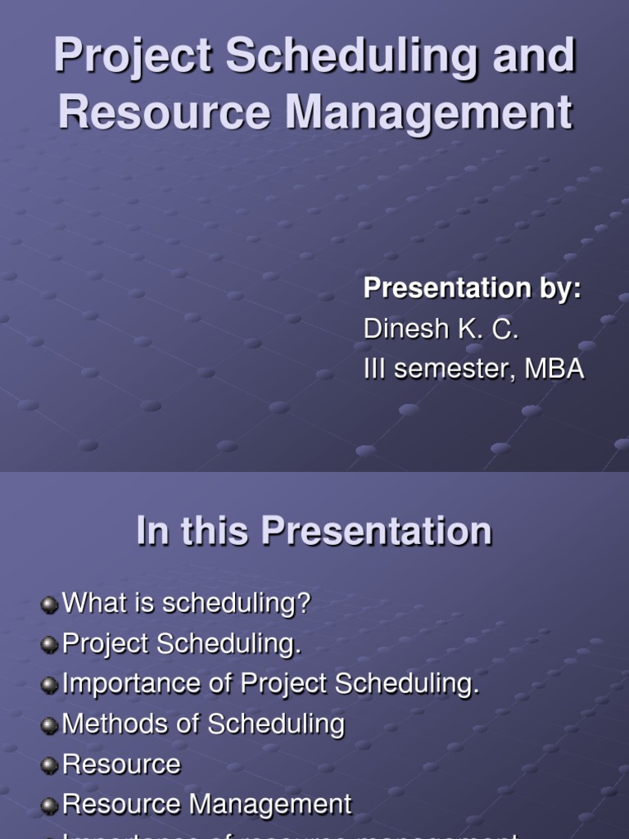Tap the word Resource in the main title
(163, 111)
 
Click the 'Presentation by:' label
(472, 288)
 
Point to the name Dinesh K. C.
(441, 329)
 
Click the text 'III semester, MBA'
(473, 369)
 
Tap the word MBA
(554, 369)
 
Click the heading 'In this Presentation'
(314, 531)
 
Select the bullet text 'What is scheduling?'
(187, 604)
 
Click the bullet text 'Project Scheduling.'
(182, 644)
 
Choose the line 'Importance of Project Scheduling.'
(270, 684)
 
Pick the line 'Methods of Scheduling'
(203, 724)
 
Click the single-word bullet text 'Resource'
(121, 764)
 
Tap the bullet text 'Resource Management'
(207, 805)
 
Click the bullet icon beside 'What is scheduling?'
(51, 605)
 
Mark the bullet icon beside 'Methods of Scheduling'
(51, 725)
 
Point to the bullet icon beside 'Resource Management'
(51, 805)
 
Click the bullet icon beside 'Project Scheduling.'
(51, 645)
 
